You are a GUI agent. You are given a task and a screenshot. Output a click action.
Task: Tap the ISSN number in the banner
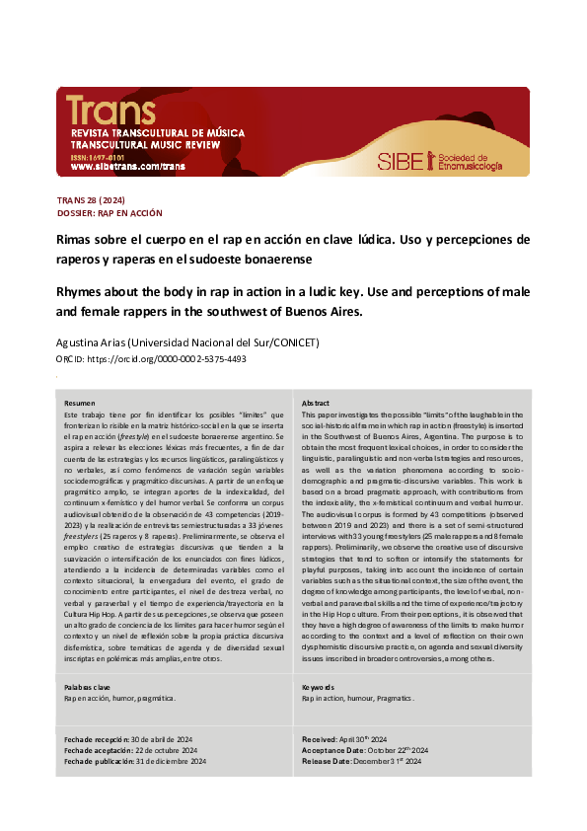[97, 156]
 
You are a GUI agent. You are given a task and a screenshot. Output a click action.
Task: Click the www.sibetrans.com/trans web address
[127, 167]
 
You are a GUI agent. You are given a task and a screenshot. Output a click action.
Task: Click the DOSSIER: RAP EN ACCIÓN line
[110, 212]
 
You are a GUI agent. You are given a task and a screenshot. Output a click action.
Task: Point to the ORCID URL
[169, 358]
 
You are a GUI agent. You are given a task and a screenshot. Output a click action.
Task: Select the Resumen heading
[80, 404]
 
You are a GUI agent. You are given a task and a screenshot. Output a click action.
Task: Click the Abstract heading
[316, 404]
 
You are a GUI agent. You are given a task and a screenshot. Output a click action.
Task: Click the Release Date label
[327, 762]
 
